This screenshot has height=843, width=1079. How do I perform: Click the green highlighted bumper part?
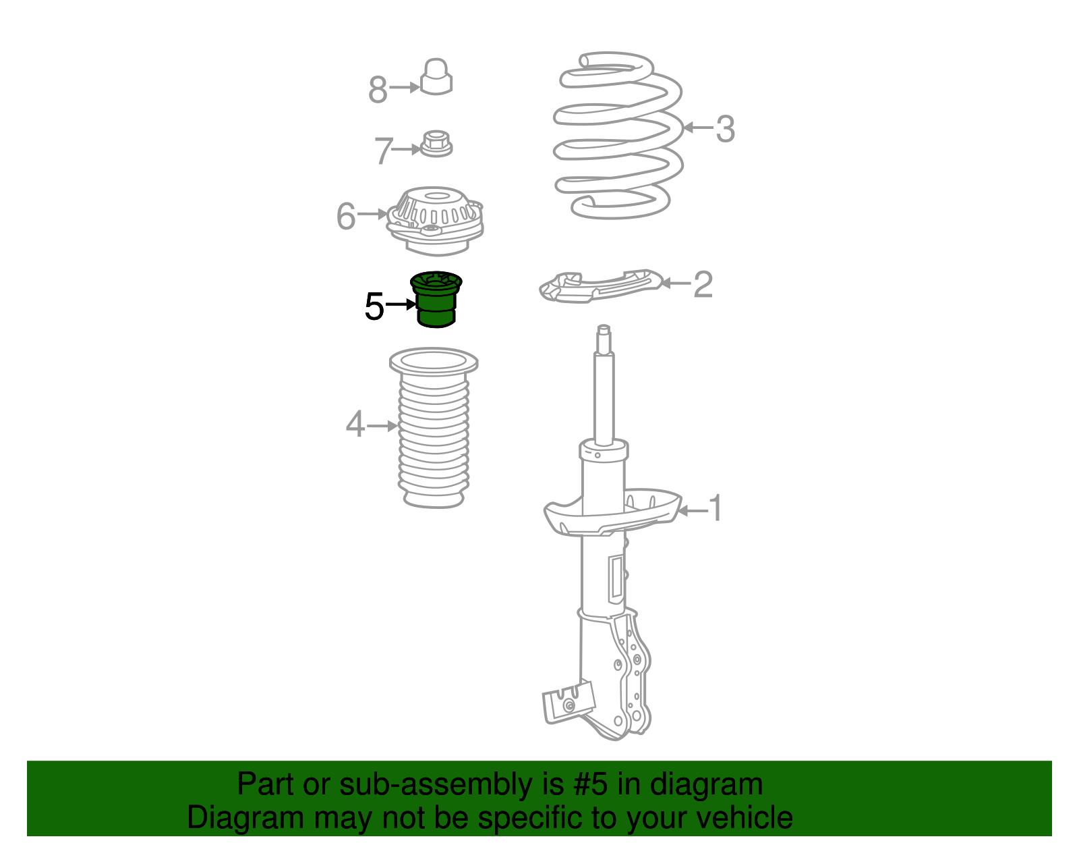pyautogui.click(x=436, y=300)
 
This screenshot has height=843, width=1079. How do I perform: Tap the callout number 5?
pyautogui.click(x=374, y=306)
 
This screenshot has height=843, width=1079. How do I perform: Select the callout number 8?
pyautogui.click(x=378, y=90)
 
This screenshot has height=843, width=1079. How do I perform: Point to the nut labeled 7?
pyautogui.click(x=436, y=144)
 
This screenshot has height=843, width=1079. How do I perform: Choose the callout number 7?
pyautogui.click(x=383, y=151)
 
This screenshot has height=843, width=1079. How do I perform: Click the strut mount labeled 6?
pyautogui.click(x=435, y=221)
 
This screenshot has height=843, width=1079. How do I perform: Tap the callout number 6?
pyautogui.click(x=346, y=216)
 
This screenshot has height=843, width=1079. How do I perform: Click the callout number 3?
pyautogui.click(x=726, y=129)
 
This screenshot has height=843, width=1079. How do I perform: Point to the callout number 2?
pyautogui.click(x=703, y=284)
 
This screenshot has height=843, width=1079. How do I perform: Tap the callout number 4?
pyautogui.click(x=355, y=425)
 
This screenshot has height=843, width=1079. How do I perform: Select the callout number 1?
pyautogui.click(x=716, y=508)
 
